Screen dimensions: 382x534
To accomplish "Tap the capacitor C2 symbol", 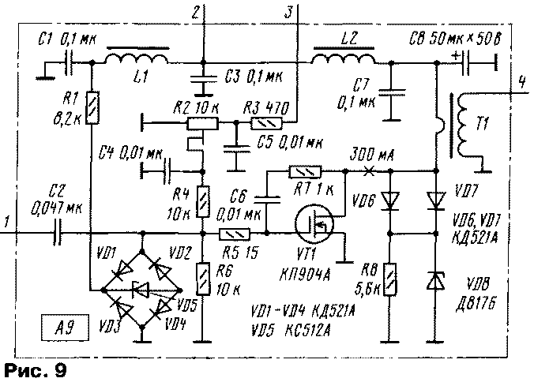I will (56, 234).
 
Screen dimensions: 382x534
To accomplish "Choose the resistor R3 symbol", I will (261, 123).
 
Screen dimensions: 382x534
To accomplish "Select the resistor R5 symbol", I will (235, 234).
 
